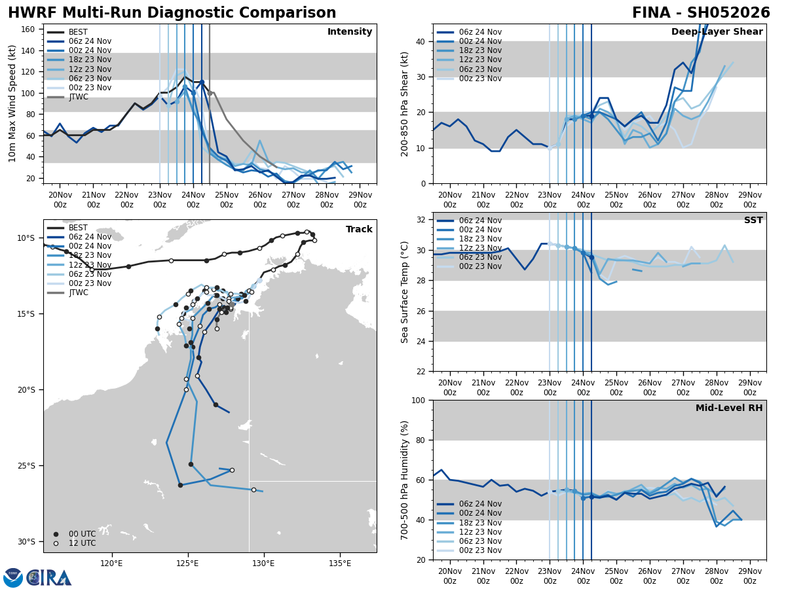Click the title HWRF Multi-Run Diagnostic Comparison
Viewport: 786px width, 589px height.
pos(172,13)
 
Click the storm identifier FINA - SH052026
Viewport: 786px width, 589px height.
pos(701,13)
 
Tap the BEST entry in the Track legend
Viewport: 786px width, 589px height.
pos(78,228)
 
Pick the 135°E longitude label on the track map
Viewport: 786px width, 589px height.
pos(339,562)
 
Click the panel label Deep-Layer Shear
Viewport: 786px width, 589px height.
pos(717,32)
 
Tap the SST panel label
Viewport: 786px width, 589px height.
pos(753,221)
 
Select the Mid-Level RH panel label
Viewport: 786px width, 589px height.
pos(729,408)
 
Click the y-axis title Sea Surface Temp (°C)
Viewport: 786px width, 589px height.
pos(405,292)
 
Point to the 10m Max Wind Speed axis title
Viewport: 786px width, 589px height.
pos(12,103)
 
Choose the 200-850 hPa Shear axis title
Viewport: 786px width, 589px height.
pos(405,103)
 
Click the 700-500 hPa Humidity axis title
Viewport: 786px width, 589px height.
pos(405,480)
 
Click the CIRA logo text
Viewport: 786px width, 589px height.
pos(49,578)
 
